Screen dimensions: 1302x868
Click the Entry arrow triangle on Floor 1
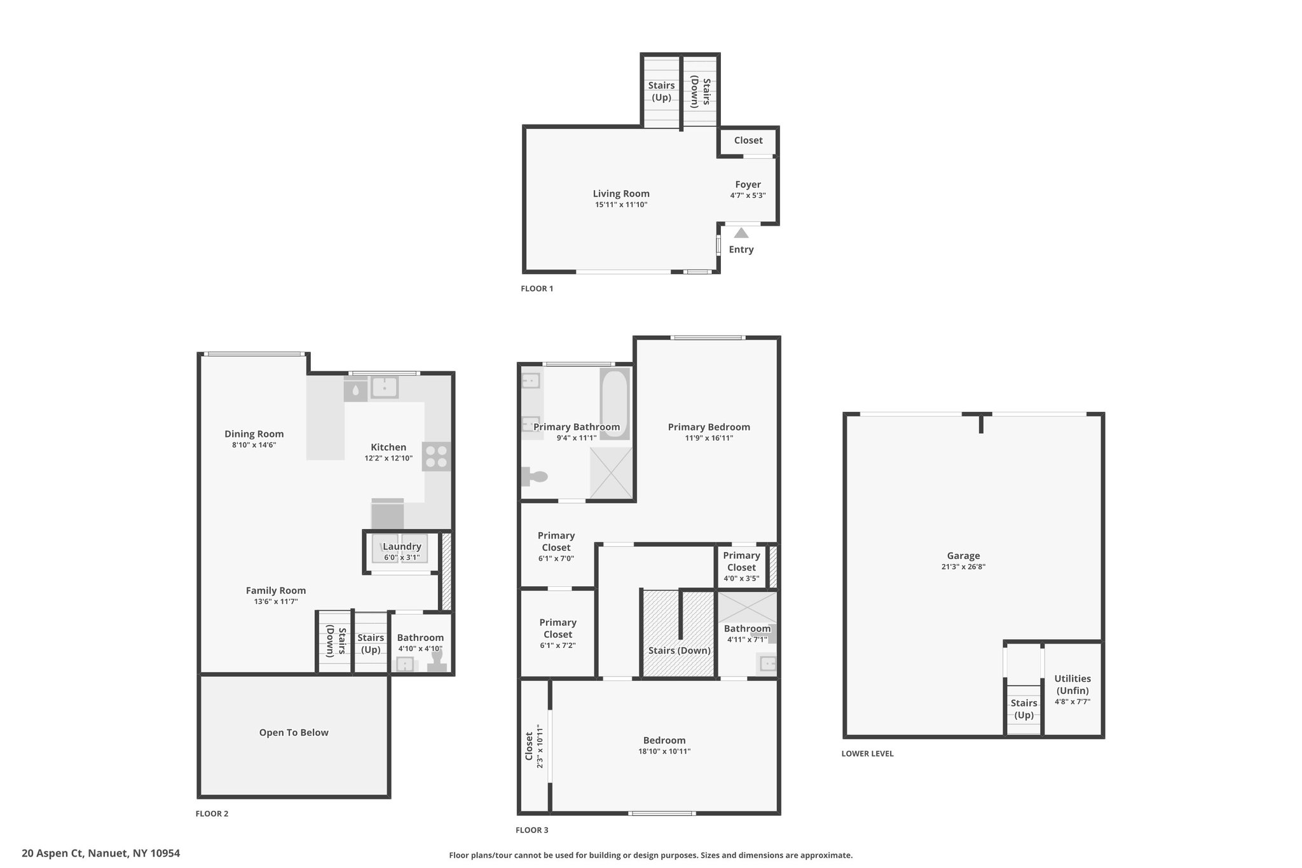click(x=741, y=233)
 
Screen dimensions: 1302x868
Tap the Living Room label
click(x=621, y=194)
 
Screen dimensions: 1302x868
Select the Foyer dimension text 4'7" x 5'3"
click(x=748, y=196)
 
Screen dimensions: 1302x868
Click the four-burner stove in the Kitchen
click(x=437, y=457)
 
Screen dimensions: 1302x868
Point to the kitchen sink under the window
click(x=384, y=387)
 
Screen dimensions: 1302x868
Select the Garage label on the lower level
click(x=963, y=556)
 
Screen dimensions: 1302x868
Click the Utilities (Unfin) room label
click(x=1072, y=685)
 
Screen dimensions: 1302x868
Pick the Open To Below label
click(x=294, y=733)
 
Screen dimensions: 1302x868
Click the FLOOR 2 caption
click(x=212, y=814)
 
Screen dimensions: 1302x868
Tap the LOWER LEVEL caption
click(x=868, y=754)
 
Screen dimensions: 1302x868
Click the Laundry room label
click(x=402, y=547)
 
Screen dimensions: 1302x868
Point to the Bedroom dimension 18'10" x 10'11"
click(x=664, y=752)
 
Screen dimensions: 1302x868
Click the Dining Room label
click(x=254, y=434)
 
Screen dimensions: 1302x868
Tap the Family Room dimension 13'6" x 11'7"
click(x=276, y=602)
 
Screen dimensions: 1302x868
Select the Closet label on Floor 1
click(x=748, y=141)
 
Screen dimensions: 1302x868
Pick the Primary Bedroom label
click(x=709, y=427)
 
